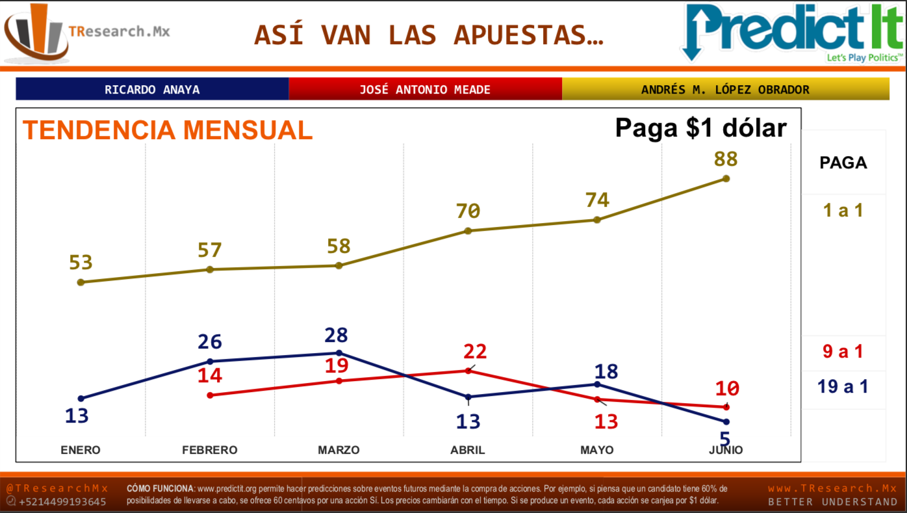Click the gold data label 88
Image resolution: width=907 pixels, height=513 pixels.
[726, 159]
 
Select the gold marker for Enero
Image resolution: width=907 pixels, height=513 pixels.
[81, 282]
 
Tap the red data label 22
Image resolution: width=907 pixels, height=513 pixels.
[475, 352]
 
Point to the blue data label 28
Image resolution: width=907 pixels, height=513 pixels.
[337, 335]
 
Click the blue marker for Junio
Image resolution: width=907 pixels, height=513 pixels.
[726, 422]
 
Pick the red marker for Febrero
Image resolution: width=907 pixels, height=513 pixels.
[210, 395]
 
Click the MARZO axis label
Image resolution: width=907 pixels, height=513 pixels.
[339, 450]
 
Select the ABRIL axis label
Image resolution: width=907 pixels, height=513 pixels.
[468, 450]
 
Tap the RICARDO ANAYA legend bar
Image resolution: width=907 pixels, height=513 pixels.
[152, 89]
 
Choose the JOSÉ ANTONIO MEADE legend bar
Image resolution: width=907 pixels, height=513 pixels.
[425, 89]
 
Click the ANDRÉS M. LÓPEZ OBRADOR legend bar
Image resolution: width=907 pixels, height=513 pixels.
[725, 89]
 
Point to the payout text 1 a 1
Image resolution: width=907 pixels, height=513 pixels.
[843, 210]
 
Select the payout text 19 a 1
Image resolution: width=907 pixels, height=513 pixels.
[843, 387]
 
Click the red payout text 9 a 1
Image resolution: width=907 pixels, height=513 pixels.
[843, 352]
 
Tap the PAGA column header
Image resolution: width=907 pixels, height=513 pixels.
[843, 163]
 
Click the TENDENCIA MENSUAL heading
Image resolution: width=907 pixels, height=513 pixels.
[168, 130]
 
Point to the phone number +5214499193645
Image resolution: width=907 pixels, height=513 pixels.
[62, 502]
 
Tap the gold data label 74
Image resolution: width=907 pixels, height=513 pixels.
[596, 200]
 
